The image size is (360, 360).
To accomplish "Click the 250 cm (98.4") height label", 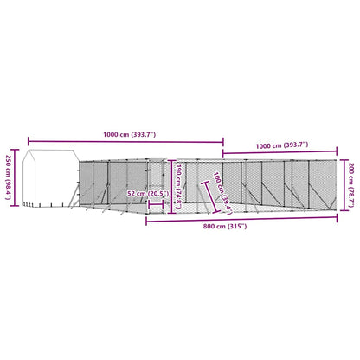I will click(x=8, y=177).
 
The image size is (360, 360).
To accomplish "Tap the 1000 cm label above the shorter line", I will click(x=283, y=145).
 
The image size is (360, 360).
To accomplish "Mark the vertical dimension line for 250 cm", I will click(x=18, y=177).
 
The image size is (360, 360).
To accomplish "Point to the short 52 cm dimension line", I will click(x=160, y=204).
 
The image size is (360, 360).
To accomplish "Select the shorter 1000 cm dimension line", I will click(x=282, y=154).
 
